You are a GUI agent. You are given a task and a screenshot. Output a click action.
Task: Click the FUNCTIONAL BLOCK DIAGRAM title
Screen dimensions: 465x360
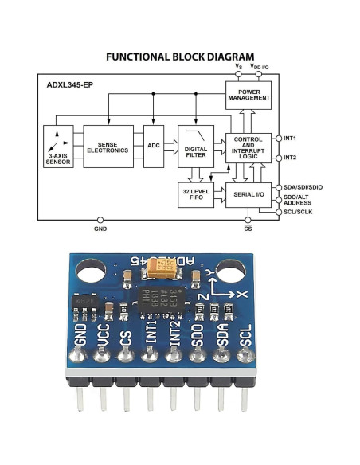click(x=179, y=57)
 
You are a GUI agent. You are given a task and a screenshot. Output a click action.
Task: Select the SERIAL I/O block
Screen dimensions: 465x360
click(x=248, y=193)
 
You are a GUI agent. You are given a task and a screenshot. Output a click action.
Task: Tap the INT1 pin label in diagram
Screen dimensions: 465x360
click(x=290, y=138)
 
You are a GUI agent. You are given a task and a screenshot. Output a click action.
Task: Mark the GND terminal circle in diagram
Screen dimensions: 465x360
click(x=100, y=219)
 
